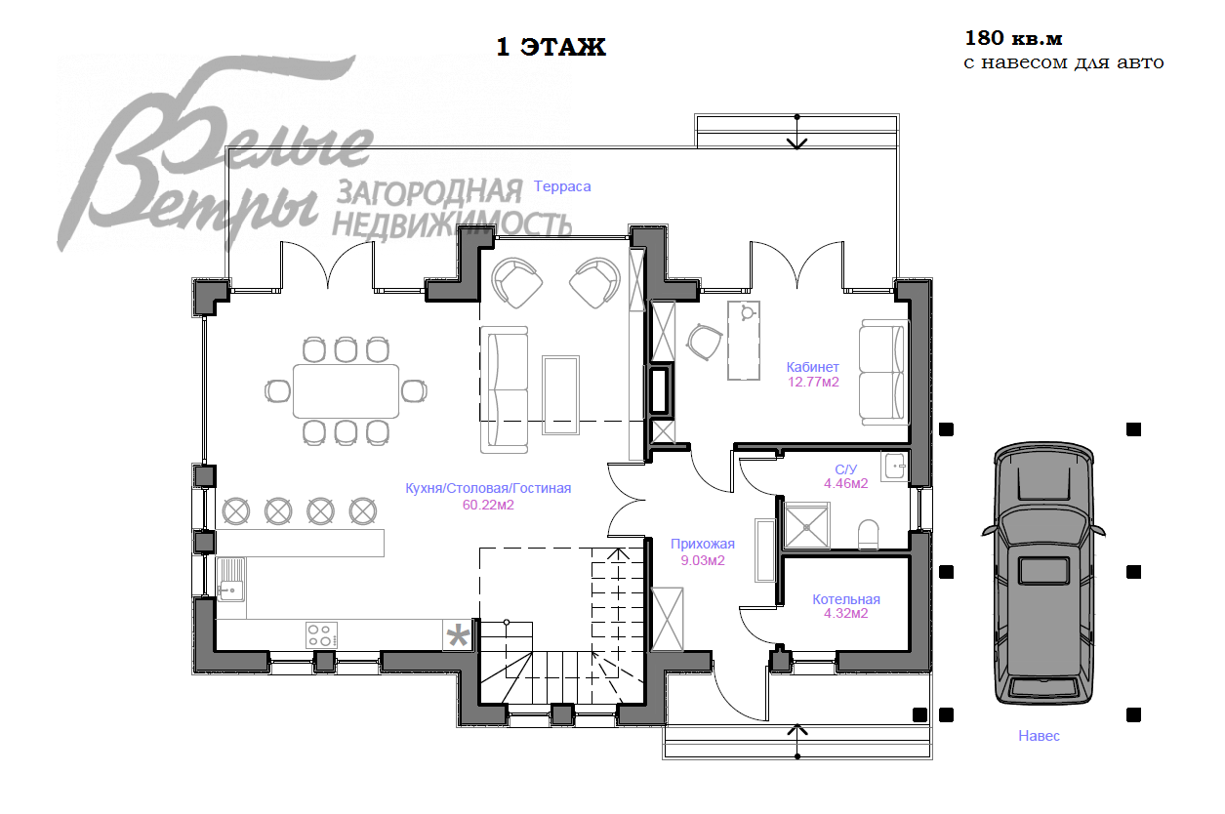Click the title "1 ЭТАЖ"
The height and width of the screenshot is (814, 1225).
[551, 47]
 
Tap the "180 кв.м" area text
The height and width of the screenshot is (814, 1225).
[1013, 38]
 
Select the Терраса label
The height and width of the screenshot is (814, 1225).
[562, 186]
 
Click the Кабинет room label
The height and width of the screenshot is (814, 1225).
[813, 367]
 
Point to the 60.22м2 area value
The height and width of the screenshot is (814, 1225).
[488, 505]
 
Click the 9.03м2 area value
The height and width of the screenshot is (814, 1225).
[703, 560]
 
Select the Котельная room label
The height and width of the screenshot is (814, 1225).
[846, 599]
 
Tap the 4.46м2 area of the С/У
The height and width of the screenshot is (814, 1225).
[846, 483]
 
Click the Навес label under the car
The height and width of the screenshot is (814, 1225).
[1039, 736]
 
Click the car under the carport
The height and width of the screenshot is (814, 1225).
[1043, 573]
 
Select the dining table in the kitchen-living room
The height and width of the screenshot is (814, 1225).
[346, 391]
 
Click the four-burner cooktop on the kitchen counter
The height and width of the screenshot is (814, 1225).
[321, 635]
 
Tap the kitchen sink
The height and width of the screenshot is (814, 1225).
[230, 580]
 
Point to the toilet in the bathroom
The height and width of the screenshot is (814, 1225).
[868, 534]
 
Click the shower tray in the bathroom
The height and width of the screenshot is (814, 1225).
[806, 526]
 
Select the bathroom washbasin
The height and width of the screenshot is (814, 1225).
[895, 467]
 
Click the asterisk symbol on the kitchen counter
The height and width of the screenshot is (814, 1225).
[458, 635]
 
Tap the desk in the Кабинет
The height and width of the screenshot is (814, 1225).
[744, 340]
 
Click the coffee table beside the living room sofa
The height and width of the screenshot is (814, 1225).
[560, 395]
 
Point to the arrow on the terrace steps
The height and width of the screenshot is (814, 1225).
[796, 133]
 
